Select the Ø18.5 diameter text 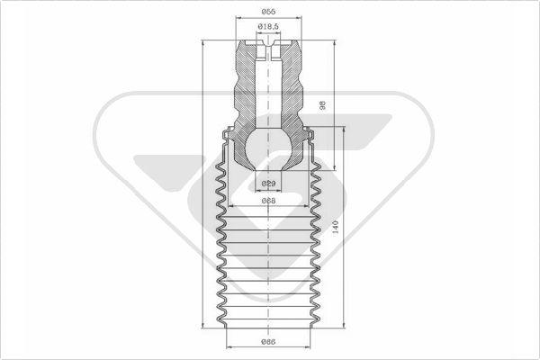coord(269,28)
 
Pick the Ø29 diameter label coord(268,184)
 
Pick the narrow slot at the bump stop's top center coord(268,49)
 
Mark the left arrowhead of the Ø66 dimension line coord(227,347)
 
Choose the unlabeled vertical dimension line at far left coord(205,180)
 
